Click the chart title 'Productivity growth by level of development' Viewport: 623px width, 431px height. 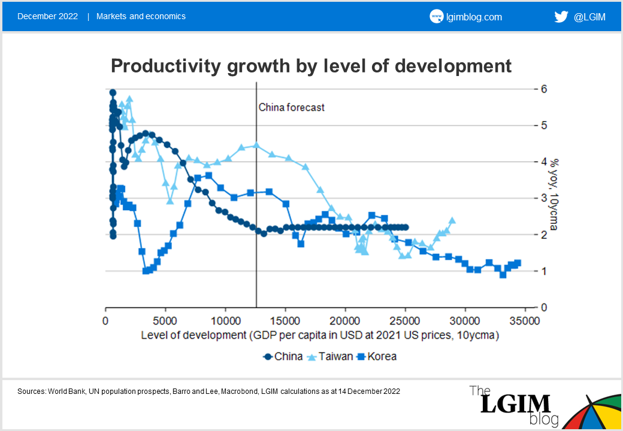pos(311,65)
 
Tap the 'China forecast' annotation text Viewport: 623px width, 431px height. pos(291,107)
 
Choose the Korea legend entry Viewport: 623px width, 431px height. pos(377,356)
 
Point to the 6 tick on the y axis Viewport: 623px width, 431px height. pos(544,89)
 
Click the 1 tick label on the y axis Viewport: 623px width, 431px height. pos(544,271)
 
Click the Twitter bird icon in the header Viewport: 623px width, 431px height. pos(561,17)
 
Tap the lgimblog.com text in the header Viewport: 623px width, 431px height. pos(474,17)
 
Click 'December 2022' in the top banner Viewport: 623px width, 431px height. pos(47,16)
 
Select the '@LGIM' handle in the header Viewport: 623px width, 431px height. pos(589,17)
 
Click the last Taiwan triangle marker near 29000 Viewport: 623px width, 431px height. pos(452,220)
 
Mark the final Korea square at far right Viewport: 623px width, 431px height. pos(518,263)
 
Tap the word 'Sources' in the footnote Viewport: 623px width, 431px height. pos(32,391)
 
